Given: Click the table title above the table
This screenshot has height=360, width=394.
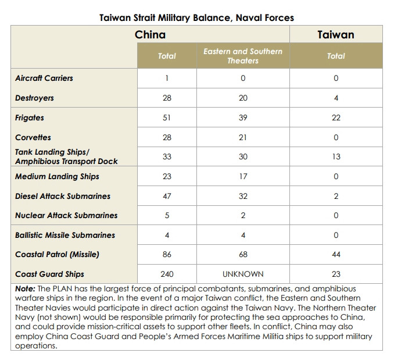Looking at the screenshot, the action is click(x=196, y=18).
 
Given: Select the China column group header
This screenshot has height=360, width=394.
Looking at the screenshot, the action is click(x=150, y=35).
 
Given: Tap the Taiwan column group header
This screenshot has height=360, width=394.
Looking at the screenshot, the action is click(x=336, y=35).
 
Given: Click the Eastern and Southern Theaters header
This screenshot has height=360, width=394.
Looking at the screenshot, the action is click(x=243, y=56).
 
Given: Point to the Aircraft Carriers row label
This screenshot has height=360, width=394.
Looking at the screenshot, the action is click(x=44, y=78).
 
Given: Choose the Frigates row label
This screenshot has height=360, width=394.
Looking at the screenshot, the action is click(x=30, y=118).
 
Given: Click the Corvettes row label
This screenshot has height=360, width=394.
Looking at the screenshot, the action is click(x=33, y=137).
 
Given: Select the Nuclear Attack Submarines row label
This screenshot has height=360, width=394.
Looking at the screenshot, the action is click(x=66, y=215).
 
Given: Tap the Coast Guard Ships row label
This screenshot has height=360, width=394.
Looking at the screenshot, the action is click(x=49, y=274).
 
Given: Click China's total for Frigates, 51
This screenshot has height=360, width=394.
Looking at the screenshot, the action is click(x=167, y=117).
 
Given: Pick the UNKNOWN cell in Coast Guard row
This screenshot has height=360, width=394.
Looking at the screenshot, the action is click(x=243, y=274).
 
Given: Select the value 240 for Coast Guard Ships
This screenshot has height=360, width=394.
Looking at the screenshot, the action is click(x=167, y=274).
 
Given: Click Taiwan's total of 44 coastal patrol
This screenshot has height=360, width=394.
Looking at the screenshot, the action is click(x=336, y=254).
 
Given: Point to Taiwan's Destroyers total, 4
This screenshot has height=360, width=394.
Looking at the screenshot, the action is click(x=336, y=98).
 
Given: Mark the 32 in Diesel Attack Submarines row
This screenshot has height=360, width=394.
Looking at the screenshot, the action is click(x=243, y=196).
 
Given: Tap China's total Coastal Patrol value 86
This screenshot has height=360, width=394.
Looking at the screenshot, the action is click(x=167, y=254).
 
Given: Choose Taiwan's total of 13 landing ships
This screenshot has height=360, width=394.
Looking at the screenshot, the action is click(x=336, y=156).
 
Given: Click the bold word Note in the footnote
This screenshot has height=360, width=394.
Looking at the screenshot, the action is click(x=25, y=288).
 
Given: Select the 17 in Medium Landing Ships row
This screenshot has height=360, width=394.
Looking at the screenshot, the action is click(x=243, y=176).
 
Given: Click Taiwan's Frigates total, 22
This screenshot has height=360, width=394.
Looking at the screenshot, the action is click(x=336, y=117).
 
